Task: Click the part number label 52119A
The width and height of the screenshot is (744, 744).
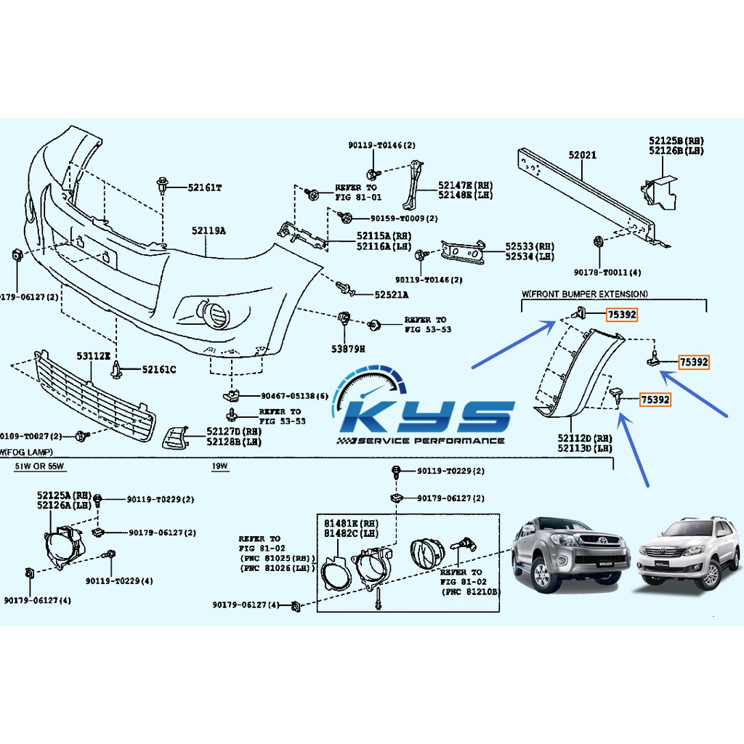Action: point(209,231)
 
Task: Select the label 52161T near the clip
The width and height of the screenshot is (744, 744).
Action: point(204,187)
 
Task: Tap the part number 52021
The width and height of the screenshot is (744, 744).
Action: point(582,155)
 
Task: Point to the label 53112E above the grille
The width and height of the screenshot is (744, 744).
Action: point(93,356)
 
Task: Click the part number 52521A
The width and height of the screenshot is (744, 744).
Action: point(391,295)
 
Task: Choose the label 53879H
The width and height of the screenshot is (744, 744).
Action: point(348,349)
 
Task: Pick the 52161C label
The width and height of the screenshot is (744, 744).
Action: point(158,370)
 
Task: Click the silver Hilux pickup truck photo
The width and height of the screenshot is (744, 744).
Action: point(569,553)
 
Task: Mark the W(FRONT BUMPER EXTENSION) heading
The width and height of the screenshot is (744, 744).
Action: point(584,294)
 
